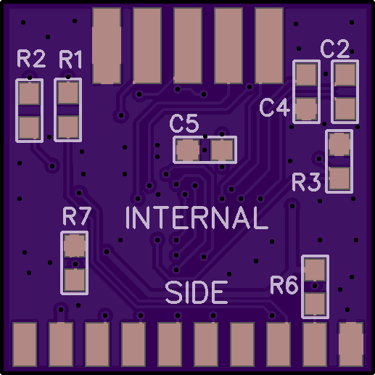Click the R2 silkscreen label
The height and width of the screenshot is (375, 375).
click(31, 59)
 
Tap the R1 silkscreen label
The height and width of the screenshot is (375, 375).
click(70, 59)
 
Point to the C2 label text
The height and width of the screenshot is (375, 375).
click(335, 49)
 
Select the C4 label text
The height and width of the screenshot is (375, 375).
click(275, 107)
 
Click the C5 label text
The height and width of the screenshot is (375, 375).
click(184, 123)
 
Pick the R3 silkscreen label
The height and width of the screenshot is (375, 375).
click(306, 182)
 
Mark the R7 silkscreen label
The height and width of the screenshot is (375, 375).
click(77, 216)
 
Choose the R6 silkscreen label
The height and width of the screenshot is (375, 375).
click(284, 285)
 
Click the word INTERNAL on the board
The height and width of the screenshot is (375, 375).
click(197, 218)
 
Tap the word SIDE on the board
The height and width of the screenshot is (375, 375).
click(197, 292)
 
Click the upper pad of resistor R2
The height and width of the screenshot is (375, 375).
click(29, 94)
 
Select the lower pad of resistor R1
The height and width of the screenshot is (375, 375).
click(68, 128)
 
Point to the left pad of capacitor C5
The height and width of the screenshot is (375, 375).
click(188, 150)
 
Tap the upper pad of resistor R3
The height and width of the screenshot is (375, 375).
click(339, 144)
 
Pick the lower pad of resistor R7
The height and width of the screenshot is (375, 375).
click(74, 280)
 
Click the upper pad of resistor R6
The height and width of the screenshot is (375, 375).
click(315, 270)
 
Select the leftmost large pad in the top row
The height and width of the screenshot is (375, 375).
click(107, 46)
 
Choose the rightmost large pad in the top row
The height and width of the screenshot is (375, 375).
click(269, 46)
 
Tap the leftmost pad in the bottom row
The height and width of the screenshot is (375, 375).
click(25, 345)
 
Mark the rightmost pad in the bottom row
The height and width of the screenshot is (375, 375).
click(351, 345)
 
